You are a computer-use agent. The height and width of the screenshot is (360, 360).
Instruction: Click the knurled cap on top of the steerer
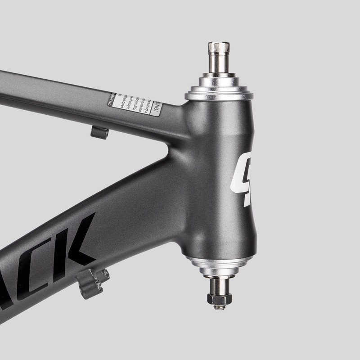tap(218, 47)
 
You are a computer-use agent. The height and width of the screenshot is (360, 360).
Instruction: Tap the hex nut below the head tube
tap(219, 298)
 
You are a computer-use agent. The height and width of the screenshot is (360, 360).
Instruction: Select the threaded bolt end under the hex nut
tap(219, 307)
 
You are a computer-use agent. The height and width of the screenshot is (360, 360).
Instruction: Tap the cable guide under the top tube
tap(99, 132)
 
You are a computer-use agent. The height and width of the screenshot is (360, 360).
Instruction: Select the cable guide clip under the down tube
tap(92, 283)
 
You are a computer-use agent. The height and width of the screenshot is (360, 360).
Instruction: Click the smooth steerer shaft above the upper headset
tap(219, 63)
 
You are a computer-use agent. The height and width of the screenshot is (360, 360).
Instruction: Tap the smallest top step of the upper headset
tap(219, 75)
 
